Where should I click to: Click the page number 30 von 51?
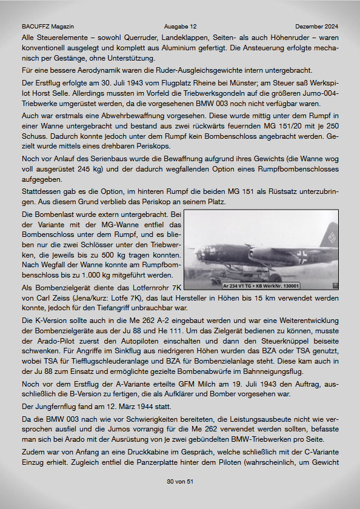[179, 482]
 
